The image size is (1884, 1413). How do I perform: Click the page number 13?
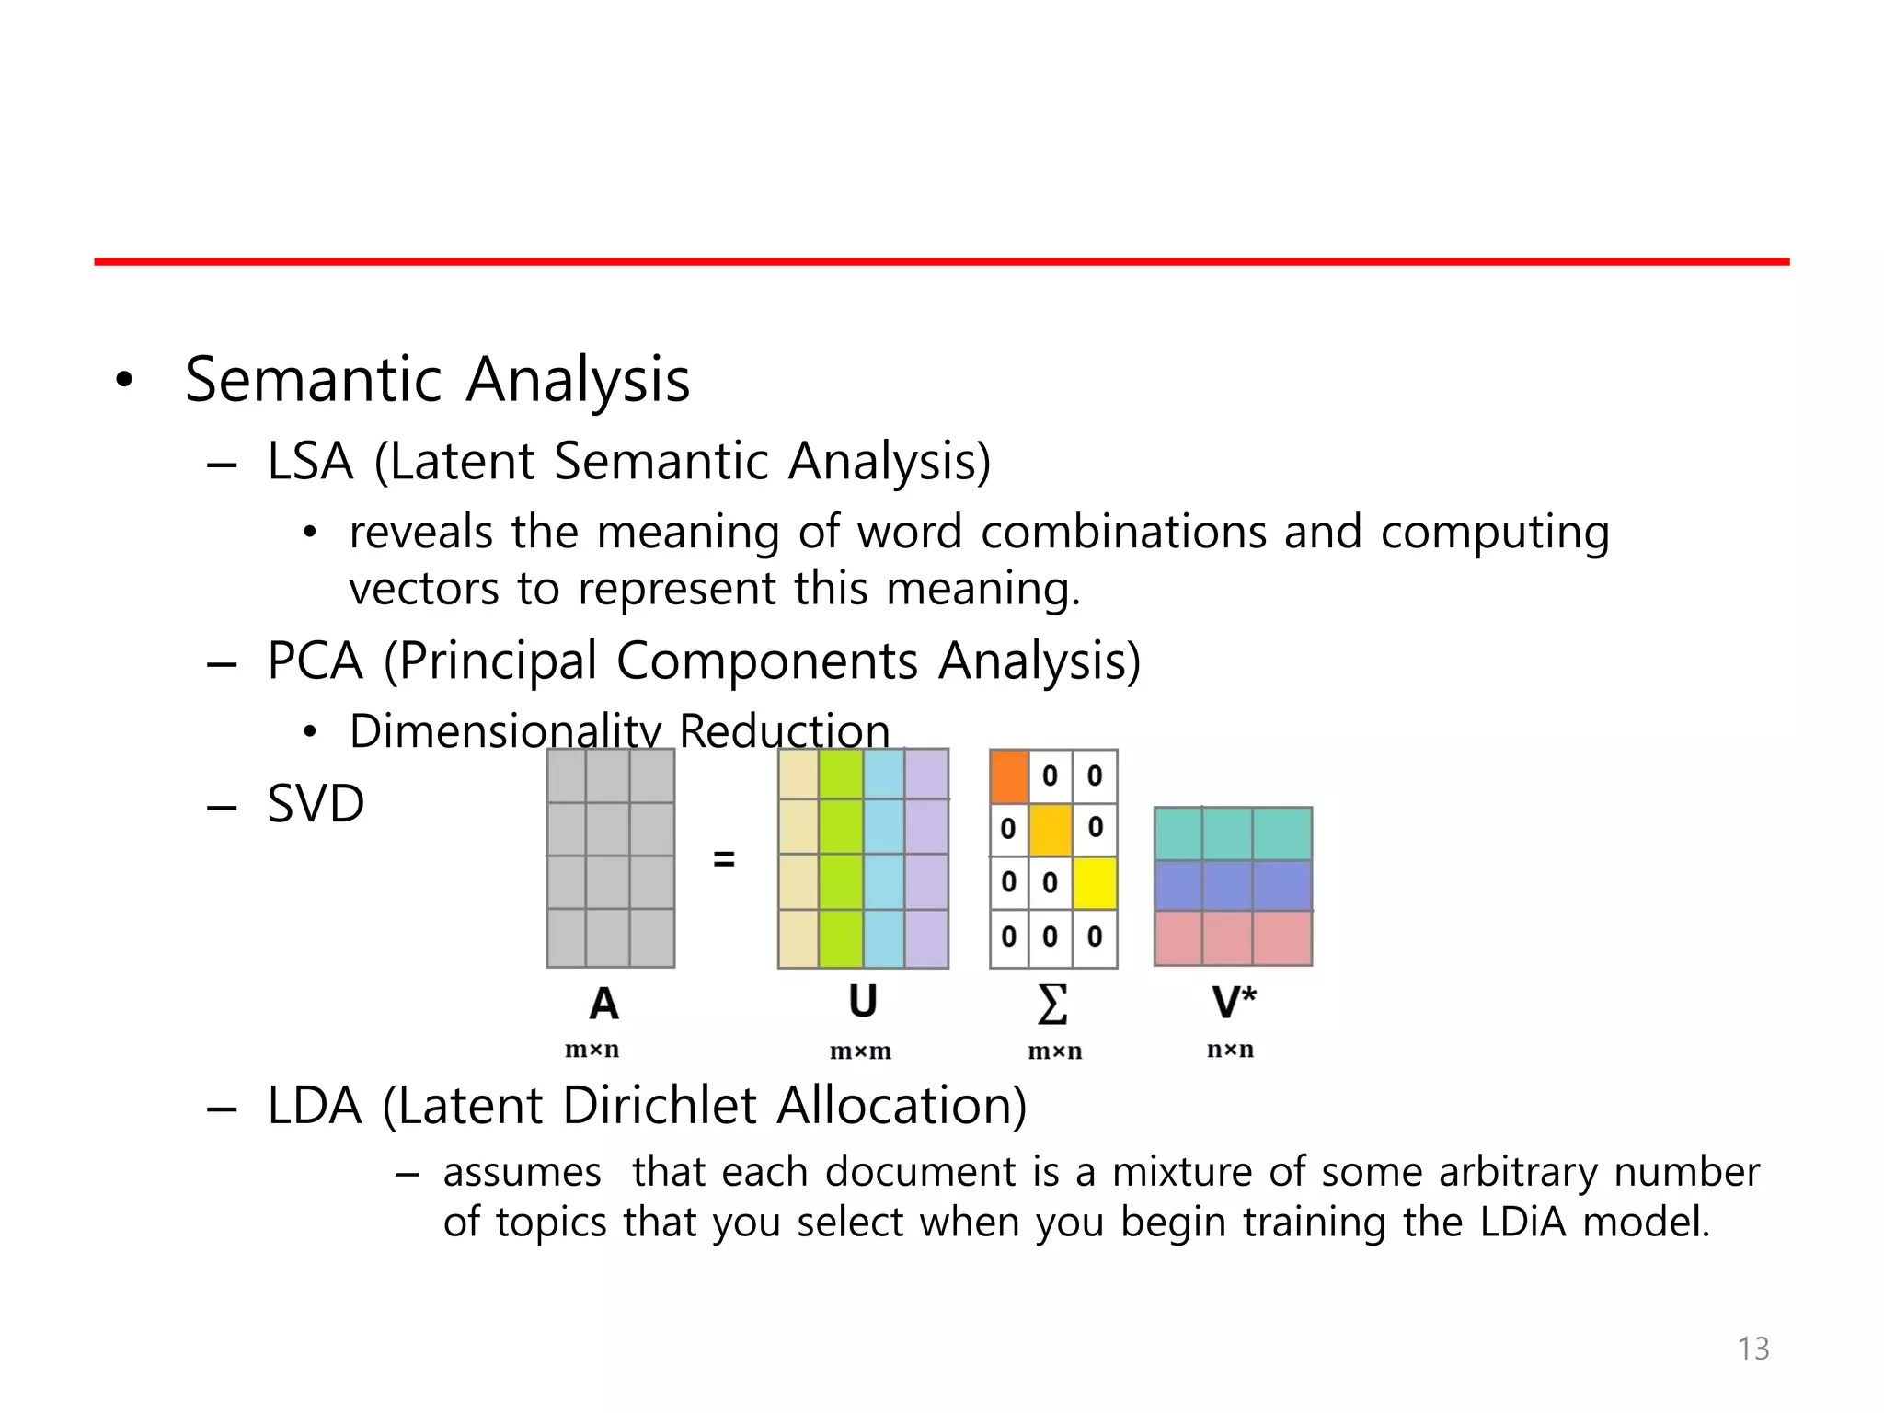(x=1752, y=1348)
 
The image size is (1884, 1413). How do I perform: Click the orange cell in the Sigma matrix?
(x=1009, y=776)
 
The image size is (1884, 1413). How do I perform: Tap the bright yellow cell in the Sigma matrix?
(x=1095, y=883)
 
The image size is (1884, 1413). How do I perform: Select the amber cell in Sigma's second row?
(x=1051, y=829)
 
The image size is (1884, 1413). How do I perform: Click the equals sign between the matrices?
(x=724, y=859)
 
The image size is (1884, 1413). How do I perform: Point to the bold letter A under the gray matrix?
(x=603, y=1004)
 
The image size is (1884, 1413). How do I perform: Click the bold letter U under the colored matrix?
(x=862, y=1002)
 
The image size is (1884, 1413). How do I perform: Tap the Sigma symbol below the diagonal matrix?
(x=1052, y=1004)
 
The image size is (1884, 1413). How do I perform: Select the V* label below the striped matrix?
(x=1233, y=1002)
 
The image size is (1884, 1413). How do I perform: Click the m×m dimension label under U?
(x=860, y=1051)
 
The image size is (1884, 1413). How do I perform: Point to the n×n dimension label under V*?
(x=1230, y=1049)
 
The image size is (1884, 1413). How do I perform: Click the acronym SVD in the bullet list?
(x=316, y=803)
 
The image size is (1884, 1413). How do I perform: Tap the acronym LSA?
(x=310, y=461)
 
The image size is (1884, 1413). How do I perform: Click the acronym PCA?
(x=315, y=661)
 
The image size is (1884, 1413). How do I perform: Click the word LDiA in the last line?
(x=1522, y=1222)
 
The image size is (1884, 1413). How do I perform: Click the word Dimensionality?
(x=505, y=731)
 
